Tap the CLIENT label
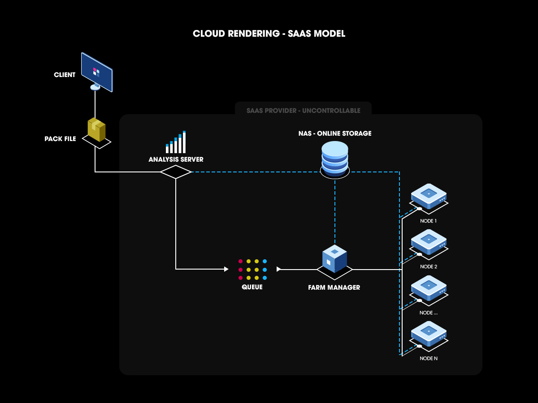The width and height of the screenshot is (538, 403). pos(65,75)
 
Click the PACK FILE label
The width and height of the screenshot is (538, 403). pos(60,139)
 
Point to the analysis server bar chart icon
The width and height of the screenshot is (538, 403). pos(176,142)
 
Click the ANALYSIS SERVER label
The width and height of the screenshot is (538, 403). pos(176,159)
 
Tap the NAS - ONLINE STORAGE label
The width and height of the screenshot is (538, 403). pos(335,133)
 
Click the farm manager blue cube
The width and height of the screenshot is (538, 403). pos(334,258)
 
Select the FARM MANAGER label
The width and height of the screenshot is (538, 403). pos(334,287)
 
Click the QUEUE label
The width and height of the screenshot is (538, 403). pos(252,287)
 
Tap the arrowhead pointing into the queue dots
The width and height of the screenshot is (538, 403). pos(226,269)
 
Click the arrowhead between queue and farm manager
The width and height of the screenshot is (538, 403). pos(279,269)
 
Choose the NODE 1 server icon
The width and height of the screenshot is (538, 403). pos(429,196)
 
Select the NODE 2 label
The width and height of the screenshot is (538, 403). pos(429,267)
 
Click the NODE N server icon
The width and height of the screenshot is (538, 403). pos(429,334)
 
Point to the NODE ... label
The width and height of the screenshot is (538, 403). pos(429,313)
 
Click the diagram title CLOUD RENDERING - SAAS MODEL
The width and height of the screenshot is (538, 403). pos(269,34)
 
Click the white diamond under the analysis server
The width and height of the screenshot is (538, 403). pos(176,172)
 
